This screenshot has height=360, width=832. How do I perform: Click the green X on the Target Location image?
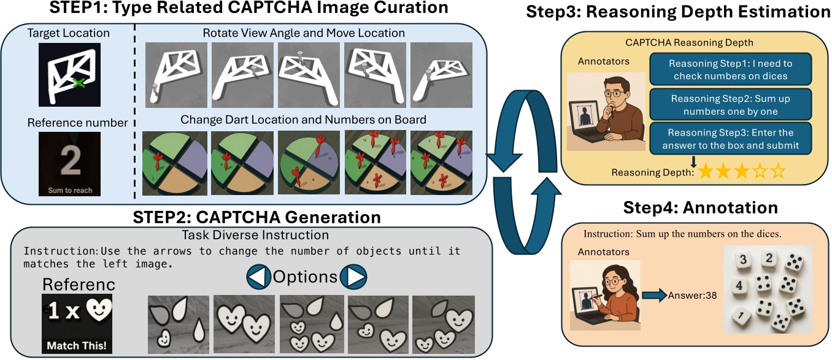tap(77, 82)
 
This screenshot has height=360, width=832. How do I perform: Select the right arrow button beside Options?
tap(353, 277)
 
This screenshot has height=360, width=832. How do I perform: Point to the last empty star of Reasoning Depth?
tap(778, 172)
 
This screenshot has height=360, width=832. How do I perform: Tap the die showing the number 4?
tap(739, 286)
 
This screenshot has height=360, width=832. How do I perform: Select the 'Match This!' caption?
tap(72, 345)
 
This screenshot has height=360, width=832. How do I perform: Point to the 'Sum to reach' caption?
tap(70, 190)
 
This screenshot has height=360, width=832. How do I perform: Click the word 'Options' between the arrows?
tap(306, 277)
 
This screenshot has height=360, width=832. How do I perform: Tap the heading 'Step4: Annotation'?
tap(692, 207)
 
